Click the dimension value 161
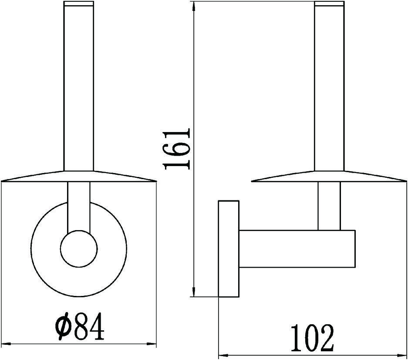click(177, 149)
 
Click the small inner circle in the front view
click(78, 249)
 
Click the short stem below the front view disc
click(79, 205)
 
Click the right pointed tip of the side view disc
click(404, 180)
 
